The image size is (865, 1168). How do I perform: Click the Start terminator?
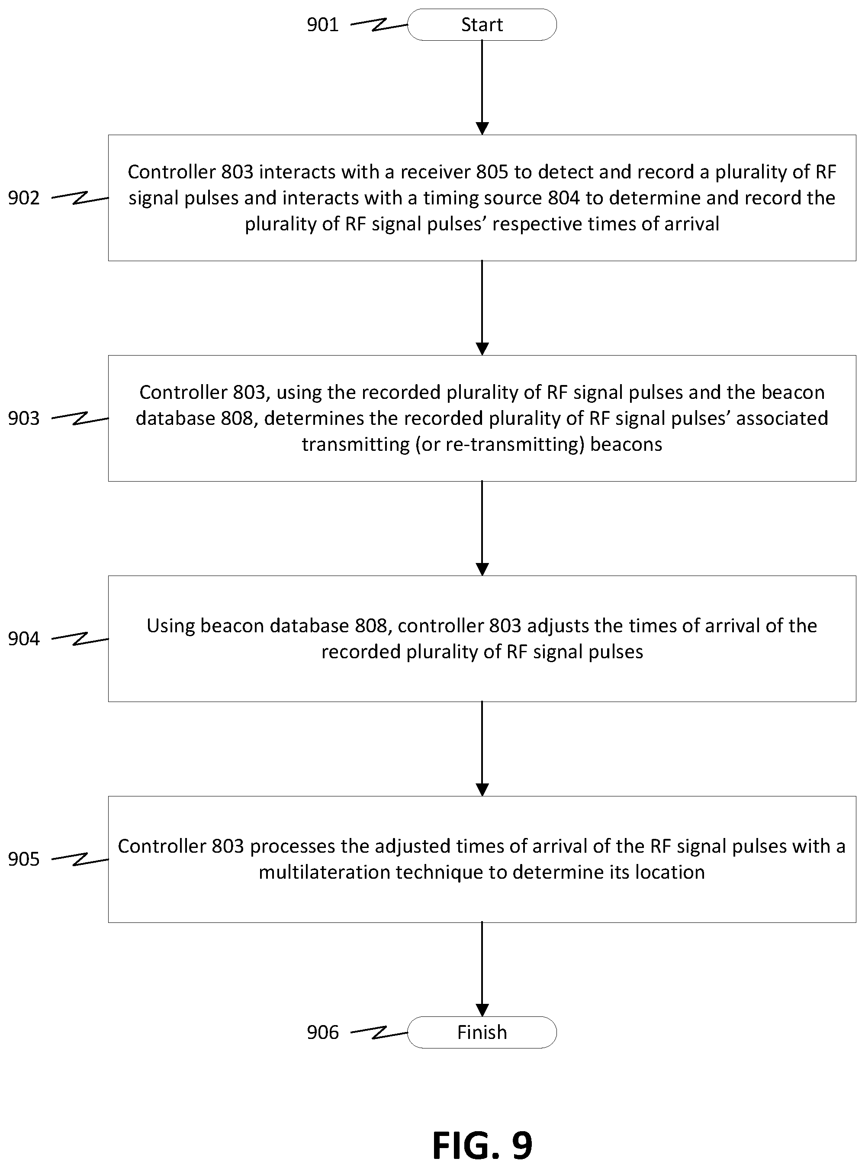[x=482, y=25]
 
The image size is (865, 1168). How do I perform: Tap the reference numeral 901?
[x=322, y=25]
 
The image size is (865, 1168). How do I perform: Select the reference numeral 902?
[x=23, y=197]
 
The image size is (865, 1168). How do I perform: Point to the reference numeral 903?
[x=23, y=418]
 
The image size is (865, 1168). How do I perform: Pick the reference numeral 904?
[x=23, y=639]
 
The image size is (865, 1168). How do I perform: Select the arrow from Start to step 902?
[x=482, y=87]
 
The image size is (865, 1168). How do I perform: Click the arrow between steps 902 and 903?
[x=482, y=308]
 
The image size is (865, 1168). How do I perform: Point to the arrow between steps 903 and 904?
[x=482, y=529]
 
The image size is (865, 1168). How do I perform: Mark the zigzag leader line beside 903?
[x=80, y=418]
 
